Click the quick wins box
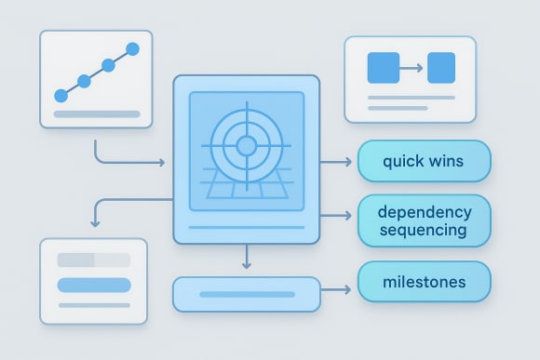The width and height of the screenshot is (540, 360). (424, 161)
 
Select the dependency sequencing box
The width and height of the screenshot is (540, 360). (424, 220)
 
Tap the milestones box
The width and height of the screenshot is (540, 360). (424, 281)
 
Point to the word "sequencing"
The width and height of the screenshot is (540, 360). (424, 230)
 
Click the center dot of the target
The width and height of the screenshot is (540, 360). (246, 145)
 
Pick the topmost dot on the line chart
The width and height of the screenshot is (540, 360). (131, 47)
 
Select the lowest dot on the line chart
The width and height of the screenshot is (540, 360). (61, 95)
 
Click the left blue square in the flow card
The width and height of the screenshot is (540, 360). (384, 67)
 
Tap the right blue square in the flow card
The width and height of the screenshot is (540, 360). (440, 67)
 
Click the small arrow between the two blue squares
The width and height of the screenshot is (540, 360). (412, 67)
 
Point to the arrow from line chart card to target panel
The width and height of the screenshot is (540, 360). (130, 163)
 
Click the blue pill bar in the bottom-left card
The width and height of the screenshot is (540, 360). (93, 285)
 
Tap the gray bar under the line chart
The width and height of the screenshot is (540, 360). (97, 114)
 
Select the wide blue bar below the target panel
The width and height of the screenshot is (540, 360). (246, 294)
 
